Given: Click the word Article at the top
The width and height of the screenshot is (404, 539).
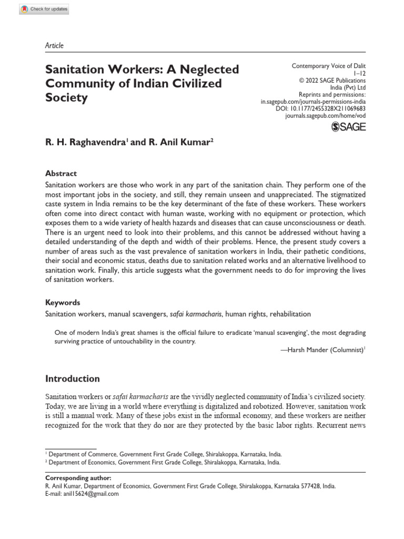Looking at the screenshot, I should [54, 46].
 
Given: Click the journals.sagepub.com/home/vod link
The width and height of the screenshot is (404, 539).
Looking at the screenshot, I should [322, 114].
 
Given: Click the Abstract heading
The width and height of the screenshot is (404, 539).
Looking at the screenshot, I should [61, 174].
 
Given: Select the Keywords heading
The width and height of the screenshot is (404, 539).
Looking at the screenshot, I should [63, 303].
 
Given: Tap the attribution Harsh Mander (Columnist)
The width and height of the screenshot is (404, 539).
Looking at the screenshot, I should [321, 350].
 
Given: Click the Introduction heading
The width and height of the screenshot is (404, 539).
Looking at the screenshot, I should [73, 378].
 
